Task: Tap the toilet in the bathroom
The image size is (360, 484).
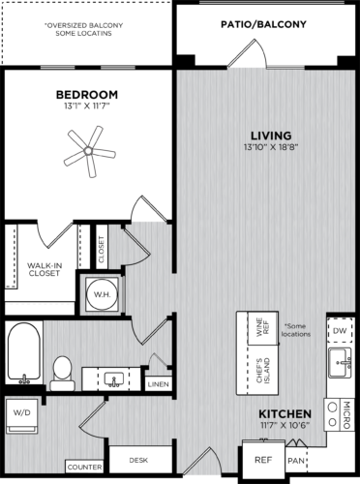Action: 63,370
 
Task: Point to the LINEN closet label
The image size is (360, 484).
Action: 158,384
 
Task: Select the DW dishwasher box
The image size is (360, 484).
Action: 339,331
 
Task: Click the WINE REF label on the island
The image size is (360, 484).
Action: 257,329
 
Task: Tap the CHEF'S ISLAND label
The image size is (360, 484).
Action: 257,373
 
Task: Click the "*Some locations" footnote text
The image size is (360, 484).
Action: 297,329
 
